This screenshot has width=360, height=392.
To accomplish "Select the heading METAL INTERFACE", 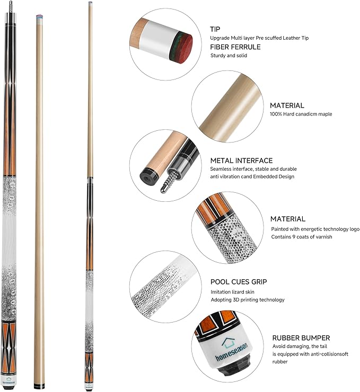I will tap(241, 161).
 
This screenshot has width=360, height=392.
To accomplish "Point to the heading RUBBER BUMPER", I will tap(301, 337).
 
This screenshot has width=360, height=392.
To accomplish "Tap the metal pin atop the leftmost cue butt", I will tap(11, 5).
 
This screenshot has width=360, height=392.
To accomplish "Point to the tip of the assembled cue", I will tap(90, 3).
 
